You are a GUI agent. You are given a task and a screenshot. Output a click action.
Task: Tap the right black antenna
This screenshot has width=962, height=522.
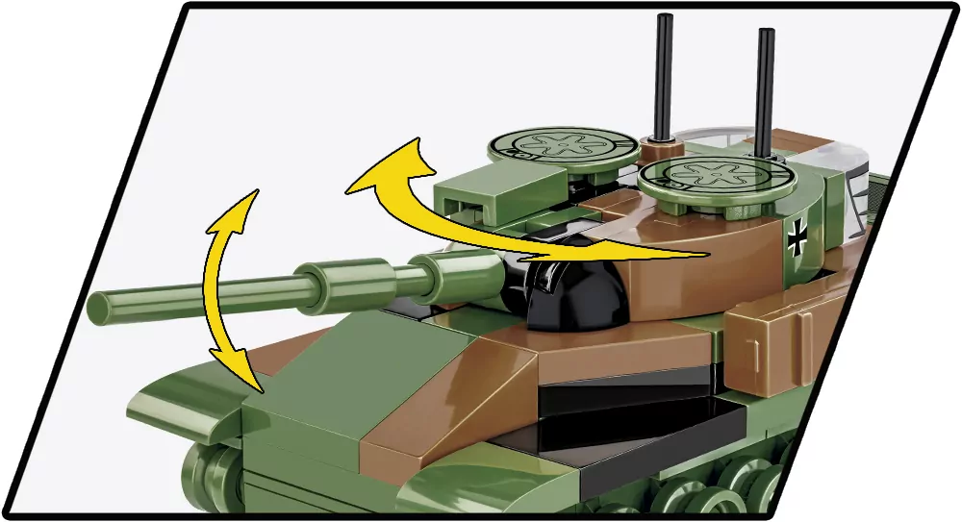click(765, 87)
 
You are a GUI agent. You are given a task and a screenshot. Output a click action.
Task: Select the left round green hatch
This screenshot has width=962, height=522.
click(564, 147)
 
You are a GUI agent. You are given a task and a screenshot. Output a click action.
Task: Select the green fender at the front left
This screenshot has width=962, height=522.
click(183, 404)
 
